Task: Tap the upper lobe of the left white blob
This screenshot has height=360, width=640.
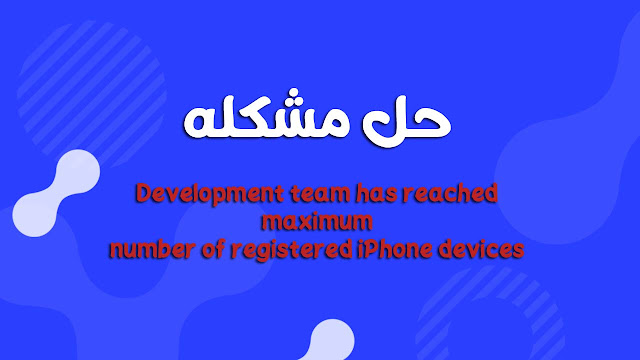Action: (x=77, y=171)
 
